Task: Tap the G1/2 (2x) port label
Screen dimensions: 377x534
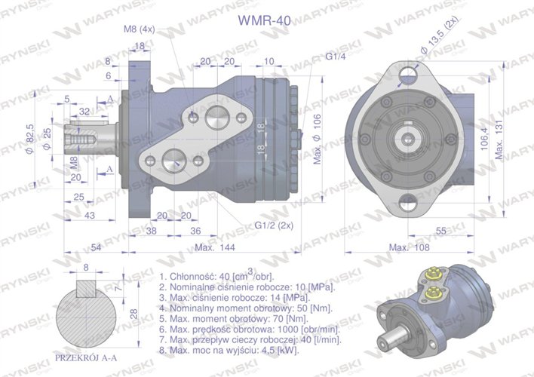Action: pyautogui.click(x=274, y=225)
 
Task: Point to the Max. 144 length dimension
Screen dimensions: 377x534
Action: pyautogui.click(x=214, y=247)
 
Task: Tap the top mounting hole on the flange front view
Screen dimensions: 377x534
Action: pyautogui.click(x=408, y=73)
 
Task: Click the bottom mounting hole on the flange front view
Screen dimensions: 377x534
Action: pyautogui.click(x=408, y=201)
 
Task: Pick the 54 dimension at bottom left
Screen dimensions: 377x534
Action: pyautogui.click(x=96, y=247)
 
